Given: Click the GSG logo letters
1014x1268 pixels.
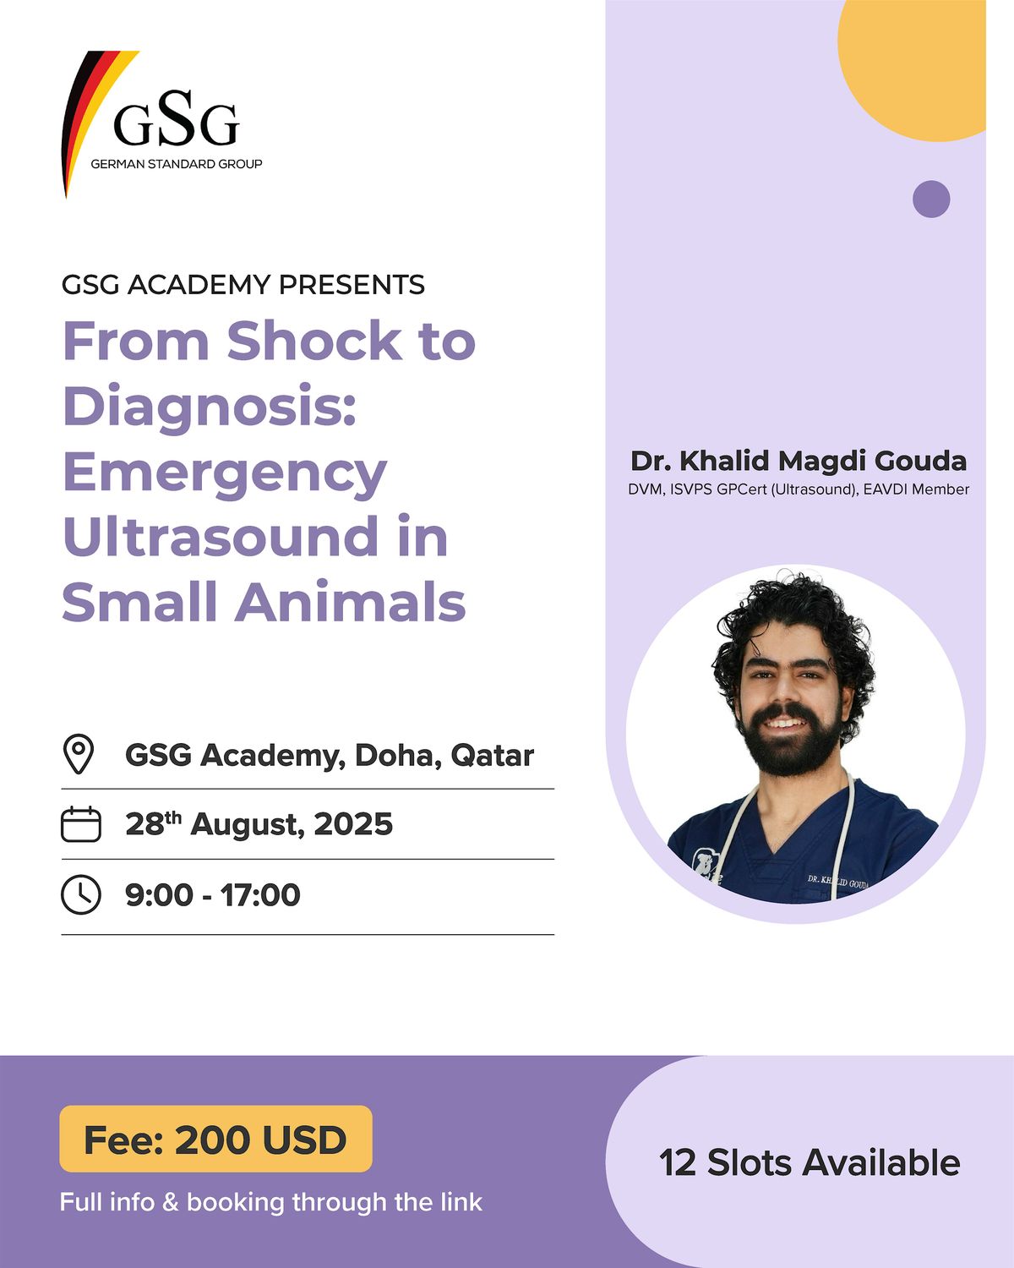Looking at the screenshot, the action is [x=176, y=119].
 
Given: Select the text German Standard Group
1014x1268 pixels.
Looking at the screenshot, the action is [x=176, y=164].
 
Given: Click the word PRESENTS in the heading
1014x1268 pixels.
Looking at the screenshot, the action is [x=352, y=285].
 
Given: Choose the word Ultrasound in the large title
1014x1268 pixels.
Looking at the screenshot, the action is [x=221, y=536].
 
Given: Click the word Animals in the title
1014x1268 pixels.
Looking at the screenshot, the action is [x=350, y=602].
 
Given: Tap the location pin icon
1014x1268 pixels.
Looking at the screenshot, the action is [x=79, y=753].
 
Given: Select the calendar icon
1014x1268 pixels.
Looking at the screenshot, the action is [x=81, y=823].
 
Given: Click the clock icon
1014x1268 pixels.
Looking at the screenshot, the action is [x=81, y=895].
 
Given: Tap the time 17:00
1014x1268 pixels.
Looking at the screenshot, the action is [x=260, y=895].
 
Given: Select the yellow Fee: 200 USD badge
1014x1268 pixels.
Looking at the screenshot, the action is [x=215, y=1140].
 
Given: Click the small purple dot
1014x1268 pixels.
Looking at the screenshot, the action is [x=931, y=199].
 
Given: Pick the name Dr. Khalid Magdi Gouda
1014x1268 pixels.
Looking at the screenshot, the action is [x=799, y=461].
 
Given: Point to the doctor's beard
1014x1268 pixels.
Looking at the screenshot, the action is [x=785, y=741].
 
